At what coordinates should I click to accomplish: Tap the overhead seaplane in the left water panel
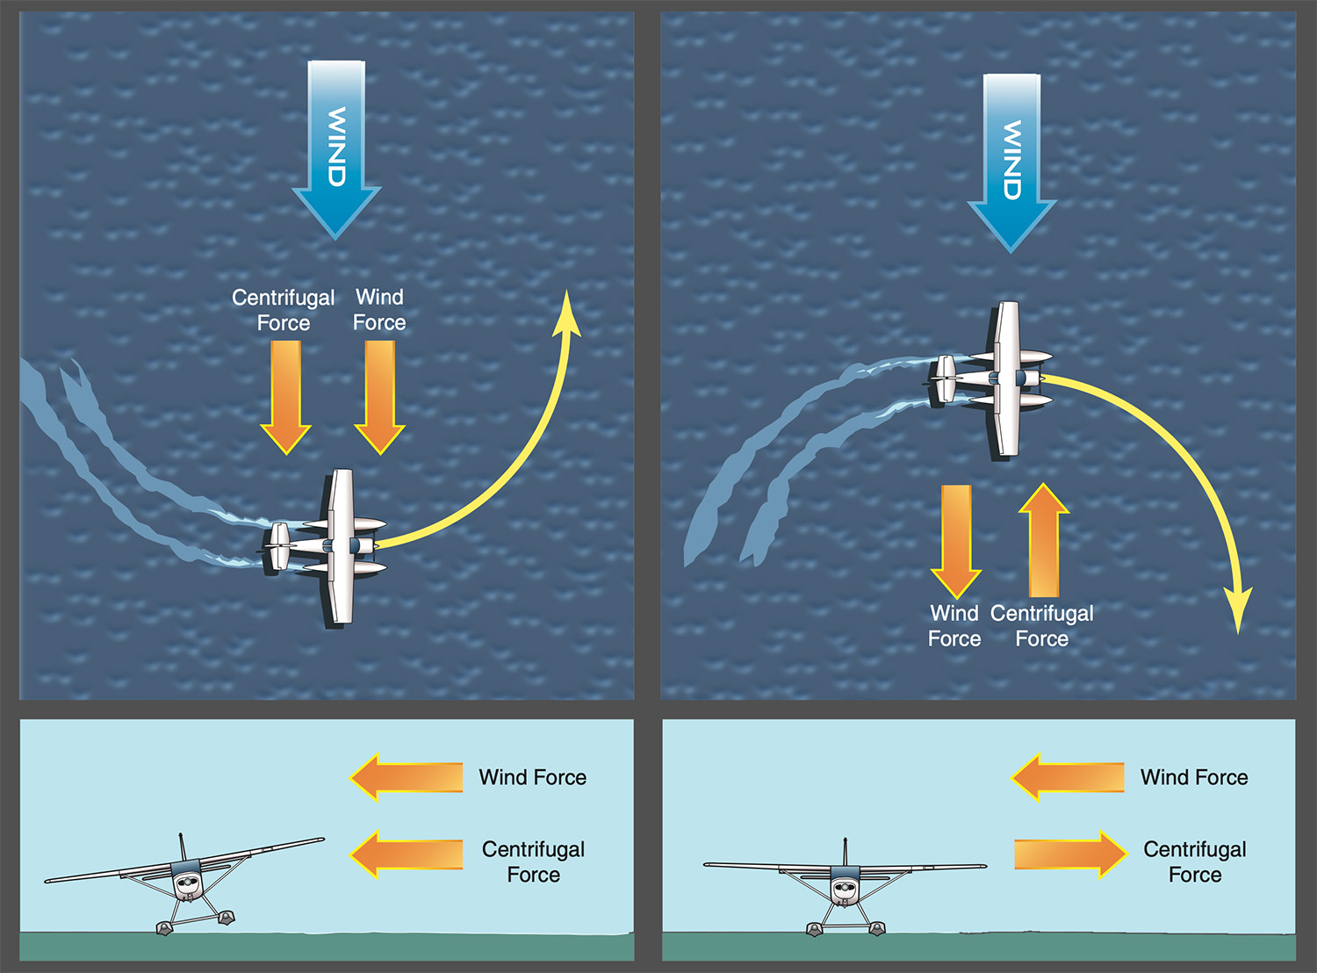(334, 546)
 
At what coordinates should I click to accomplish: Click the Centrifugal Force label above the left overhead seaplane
(283, 310)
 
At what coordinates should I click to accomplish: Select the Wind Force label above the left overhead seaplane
(379, 310)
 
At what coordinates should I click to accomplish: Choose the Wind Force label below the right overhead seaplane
(954, 625)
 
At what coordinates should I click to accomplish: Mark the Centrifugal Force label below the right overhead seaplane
(1042, 625)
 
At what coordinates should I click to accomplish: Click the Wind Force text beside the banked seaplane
(532, 777)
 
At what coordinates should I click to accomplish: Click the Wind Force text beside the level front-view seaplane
(1194, 777)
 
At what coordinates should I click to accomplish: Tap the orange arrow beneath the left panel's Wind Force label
(379, 395)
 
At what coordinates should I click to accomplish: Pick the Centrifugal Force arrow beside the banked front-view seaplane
(407, 854)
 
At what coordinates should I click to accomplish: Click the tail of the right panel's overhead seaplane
(944, 379)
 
